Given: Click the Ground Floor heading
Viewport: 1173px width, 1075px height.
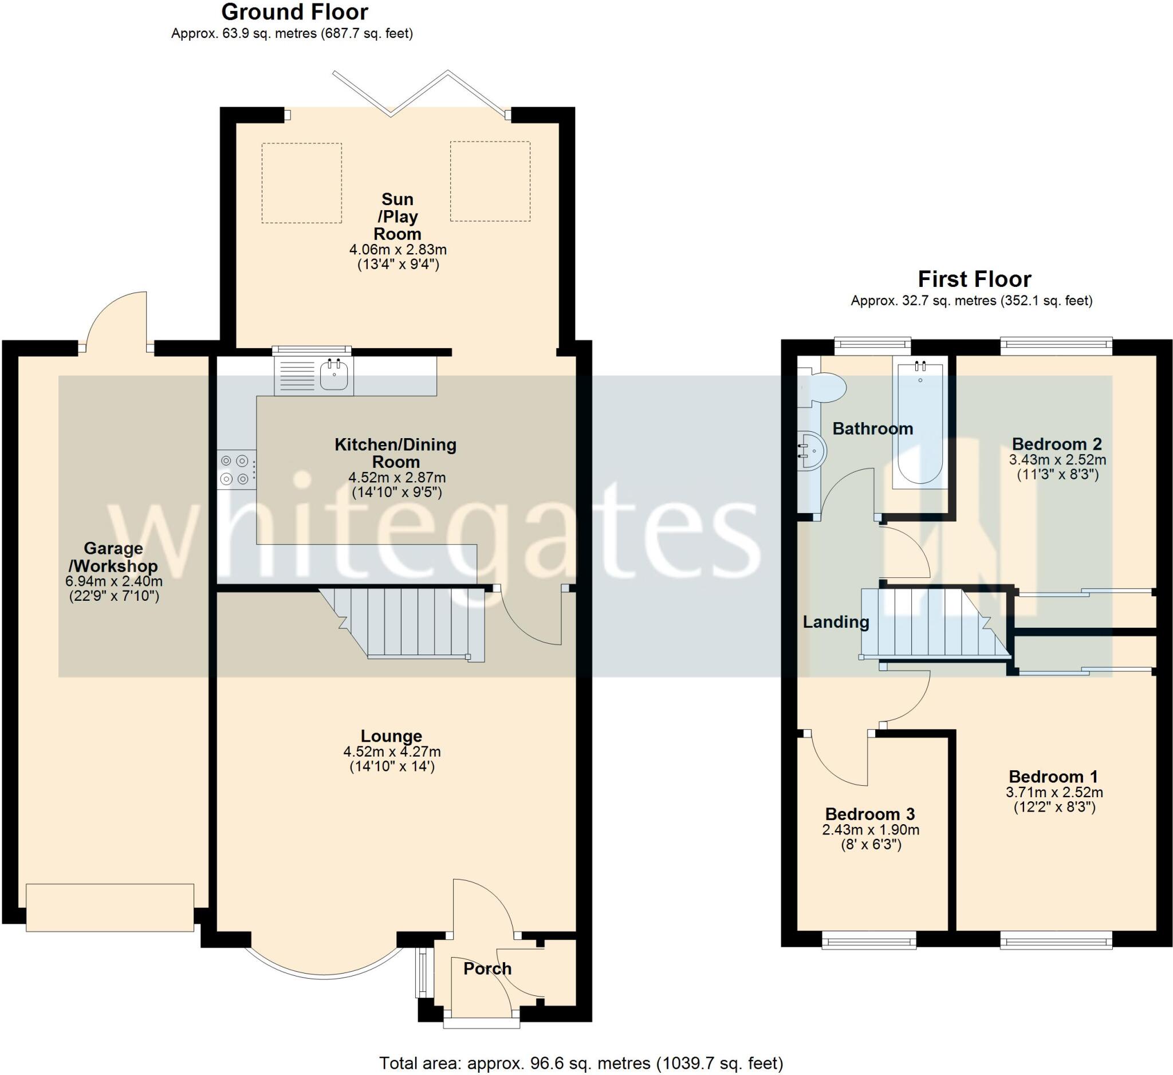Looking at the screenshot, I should pyautogui.click(x=294, y=12).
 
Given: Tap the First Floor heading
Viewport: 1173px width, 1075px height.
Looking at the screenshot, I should pyautogui.click(x=974, y=279).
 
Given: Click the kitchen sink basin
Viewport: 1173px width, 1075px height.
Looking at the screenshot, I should pyautogui.click(x=334, y=375).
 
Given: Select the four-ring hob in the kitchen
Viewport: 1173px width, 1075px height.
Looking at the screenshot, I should pyautogui.click(x=235, y=470).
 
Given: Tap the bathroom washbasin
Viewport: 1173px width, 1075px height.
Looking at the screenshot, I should pyautogui.click(x=812, y=450).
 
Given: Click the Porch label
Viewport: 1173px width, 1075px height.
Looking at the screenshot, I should pyautogui.click(x=487, y=968).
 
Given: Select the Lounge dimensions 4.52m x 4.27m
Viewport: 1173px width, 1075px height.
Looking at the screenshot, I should pyautogui.click(x=392, y=751).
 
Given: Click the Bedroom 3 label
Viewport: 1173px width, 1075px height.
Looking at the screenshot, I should pyautogui.click(x=870, y=814).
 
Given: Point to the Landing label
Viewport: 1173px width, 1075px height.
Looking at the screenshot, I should pyautogui.click(x=836, y=623).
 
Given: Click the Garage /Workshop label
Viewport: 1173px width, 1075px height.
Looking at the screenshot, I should pyautogui.click(x=113, y=557).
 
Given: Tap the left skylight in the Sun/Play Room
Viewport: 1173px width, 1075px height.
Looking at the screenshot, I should pyautogui.click(x=301, y=183).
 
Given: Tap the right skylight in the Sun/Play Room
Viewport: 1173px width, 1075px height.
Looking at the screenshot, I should pyautogui.click(x=490, y=181).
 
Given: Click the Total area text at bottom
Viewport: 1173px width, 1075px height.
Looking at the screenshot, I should pyautogui.click(x=581, y=1064).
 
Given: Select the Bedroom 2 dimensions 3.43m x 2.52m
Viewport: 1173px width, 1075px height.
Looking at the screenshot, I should pyautogui.click(x=1057, y=459).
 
